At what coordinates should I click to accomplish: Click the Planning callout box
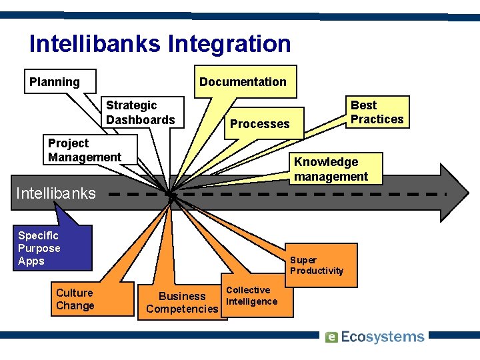point(60,82)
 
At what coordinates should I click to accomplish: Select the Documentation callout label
point(243,82)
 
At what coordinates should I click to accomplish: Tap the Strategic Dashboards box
point(141,113)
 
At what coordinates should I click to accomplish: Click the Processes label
point(260,124)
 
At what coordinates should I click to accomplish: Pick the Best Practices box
point(377,112)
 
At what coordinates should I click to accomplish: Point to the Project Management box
point(85,150)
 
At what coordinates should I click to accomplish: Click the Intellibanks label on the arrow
point(55,194)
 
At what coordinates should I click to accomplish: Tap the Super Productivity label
point(317,265)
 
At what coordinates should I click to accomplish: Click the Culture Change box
point(75,299)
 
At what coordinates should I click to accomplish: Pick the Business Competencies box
point(181,302)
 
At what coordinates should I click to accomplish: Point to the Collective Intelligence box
point(251,295)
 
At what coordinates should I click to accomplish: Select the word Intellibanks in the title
point(95,44)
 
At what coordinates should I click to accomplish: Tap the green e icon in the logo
point(332,337)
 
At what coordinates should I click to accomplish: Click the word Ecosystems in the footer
point(383,337)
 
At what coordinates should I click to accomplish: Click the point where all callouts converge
point(171,195)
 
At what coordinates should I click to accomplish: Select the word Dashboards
point(141,120)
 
